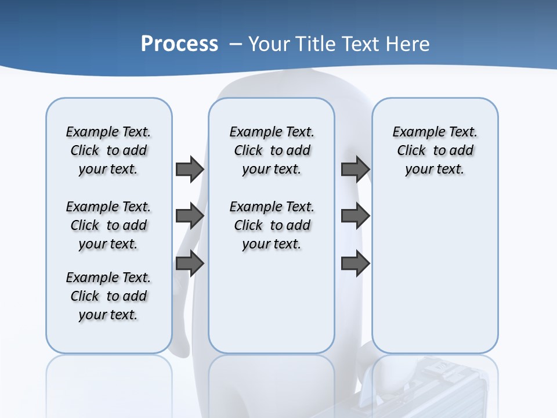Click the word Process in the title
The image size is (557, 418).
click(x=179, y=44)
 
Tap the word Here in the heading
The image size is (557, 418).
click(x=408, y=44)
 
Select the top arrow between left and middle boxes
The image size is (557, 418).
click(x=190, y=169)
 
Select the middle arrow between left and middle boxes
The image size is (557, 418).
click(x=190, y=216)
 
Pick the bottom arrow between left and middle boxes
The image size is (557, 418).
click(x=190, y=264)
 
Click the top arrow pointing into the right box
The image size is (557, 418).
click(x=355, y=169)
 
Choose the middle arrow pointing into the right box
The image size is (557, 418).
click(x=355, y=216)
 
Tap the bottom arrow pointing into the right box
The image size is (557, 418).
click(x=355, y=264)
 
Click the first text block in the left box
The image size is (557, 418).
click(x=108, y=150)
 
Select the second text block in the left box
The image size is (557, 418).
click(x=108, y=225)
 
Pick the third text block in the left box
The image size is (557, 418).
click(x=108, y=296)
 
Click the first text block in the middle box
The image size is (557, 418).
click(x=272, y=150)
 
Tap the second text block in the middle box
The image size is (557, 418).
click(x=272, y=225)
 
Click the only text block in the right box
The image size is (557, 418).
click(x=435, y=150)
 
